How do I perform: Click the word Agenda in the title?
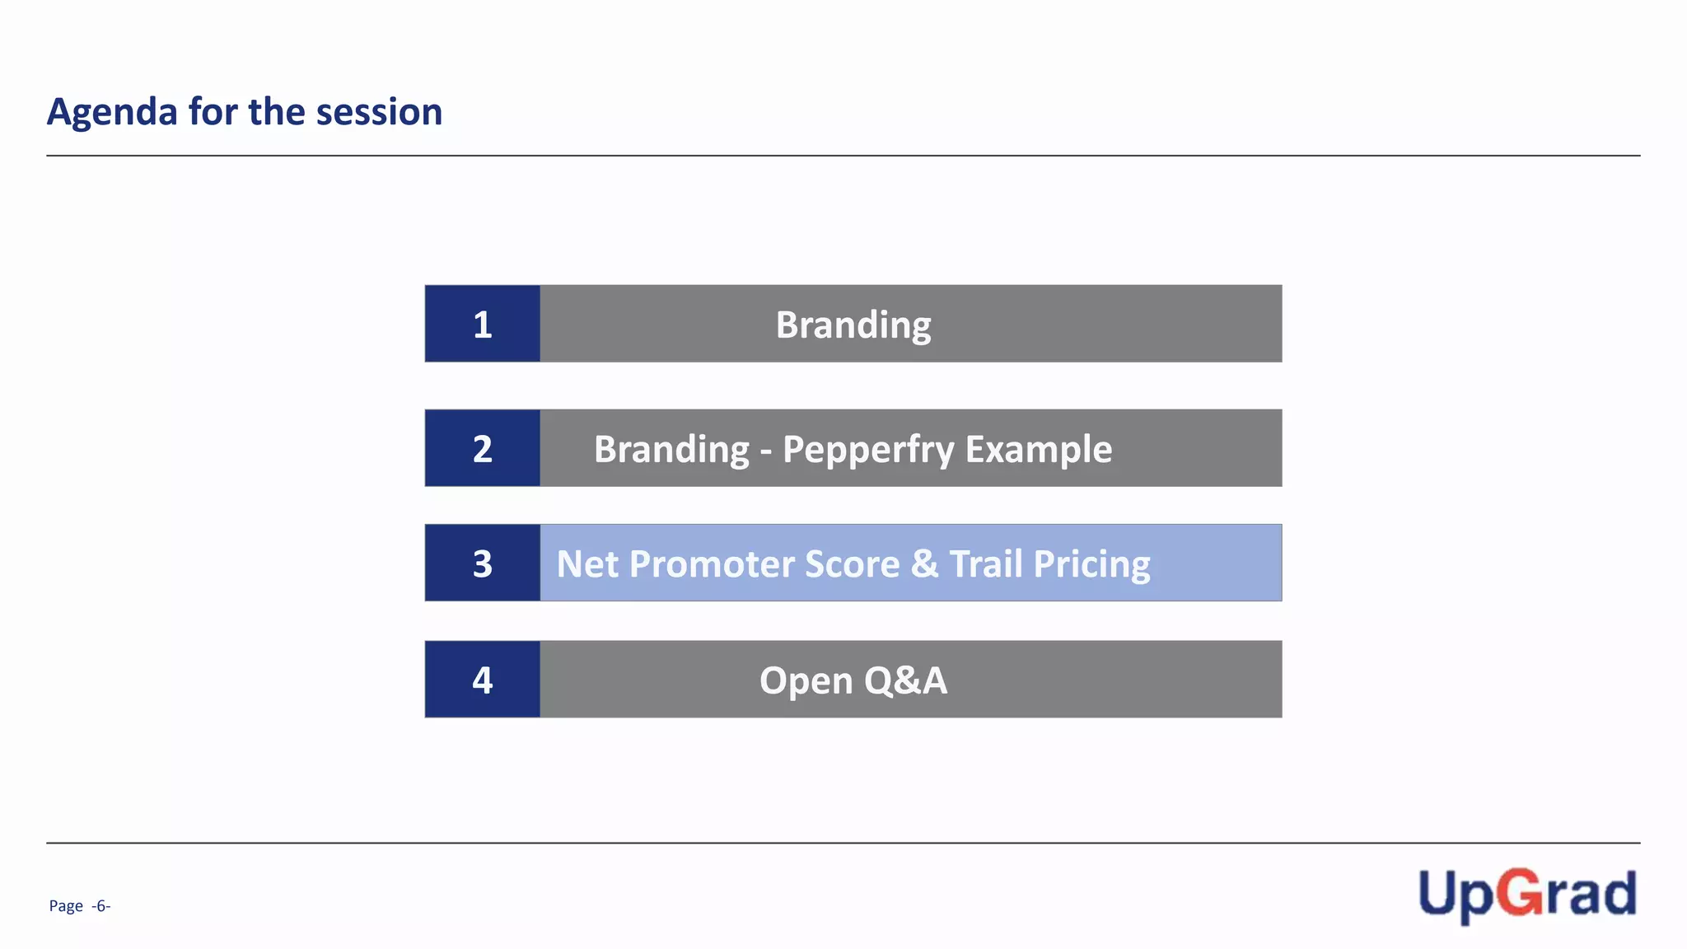tap(111, 112)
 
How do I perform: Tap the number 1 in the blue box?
tap(483, 325)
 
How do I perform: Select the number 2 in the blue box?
tap(483, 449)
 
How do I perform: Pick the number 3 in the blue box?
tap(483, 564)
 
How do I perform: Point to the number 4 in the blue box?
tap(483, 680)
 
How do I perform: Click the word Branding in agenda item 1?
tap(853, 325)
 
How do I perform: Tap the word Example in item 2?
tap(1038, 450)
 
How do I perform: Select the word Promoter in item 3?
tap(712, 564)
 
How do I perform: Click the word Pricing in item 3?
tap(1091, 564)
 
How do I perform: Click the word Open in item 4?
tap(806, 681)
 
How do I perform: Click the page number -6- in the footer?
tap(100, 906)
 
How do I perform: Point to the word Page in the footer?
tap(66, 906)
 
